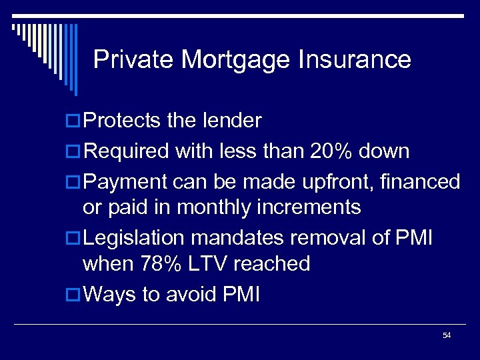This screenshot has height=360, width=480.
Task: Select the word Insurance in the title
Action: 354,59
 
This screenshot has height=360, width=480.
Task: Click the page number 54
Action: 447,335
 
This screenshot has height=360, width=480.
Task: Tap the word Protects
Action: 123,121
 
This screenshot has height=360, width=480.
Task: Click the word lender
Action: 233,121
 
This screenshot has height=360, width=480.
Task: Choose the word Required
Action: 127,151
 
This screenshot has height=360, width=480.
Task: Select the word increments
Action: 308,207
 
